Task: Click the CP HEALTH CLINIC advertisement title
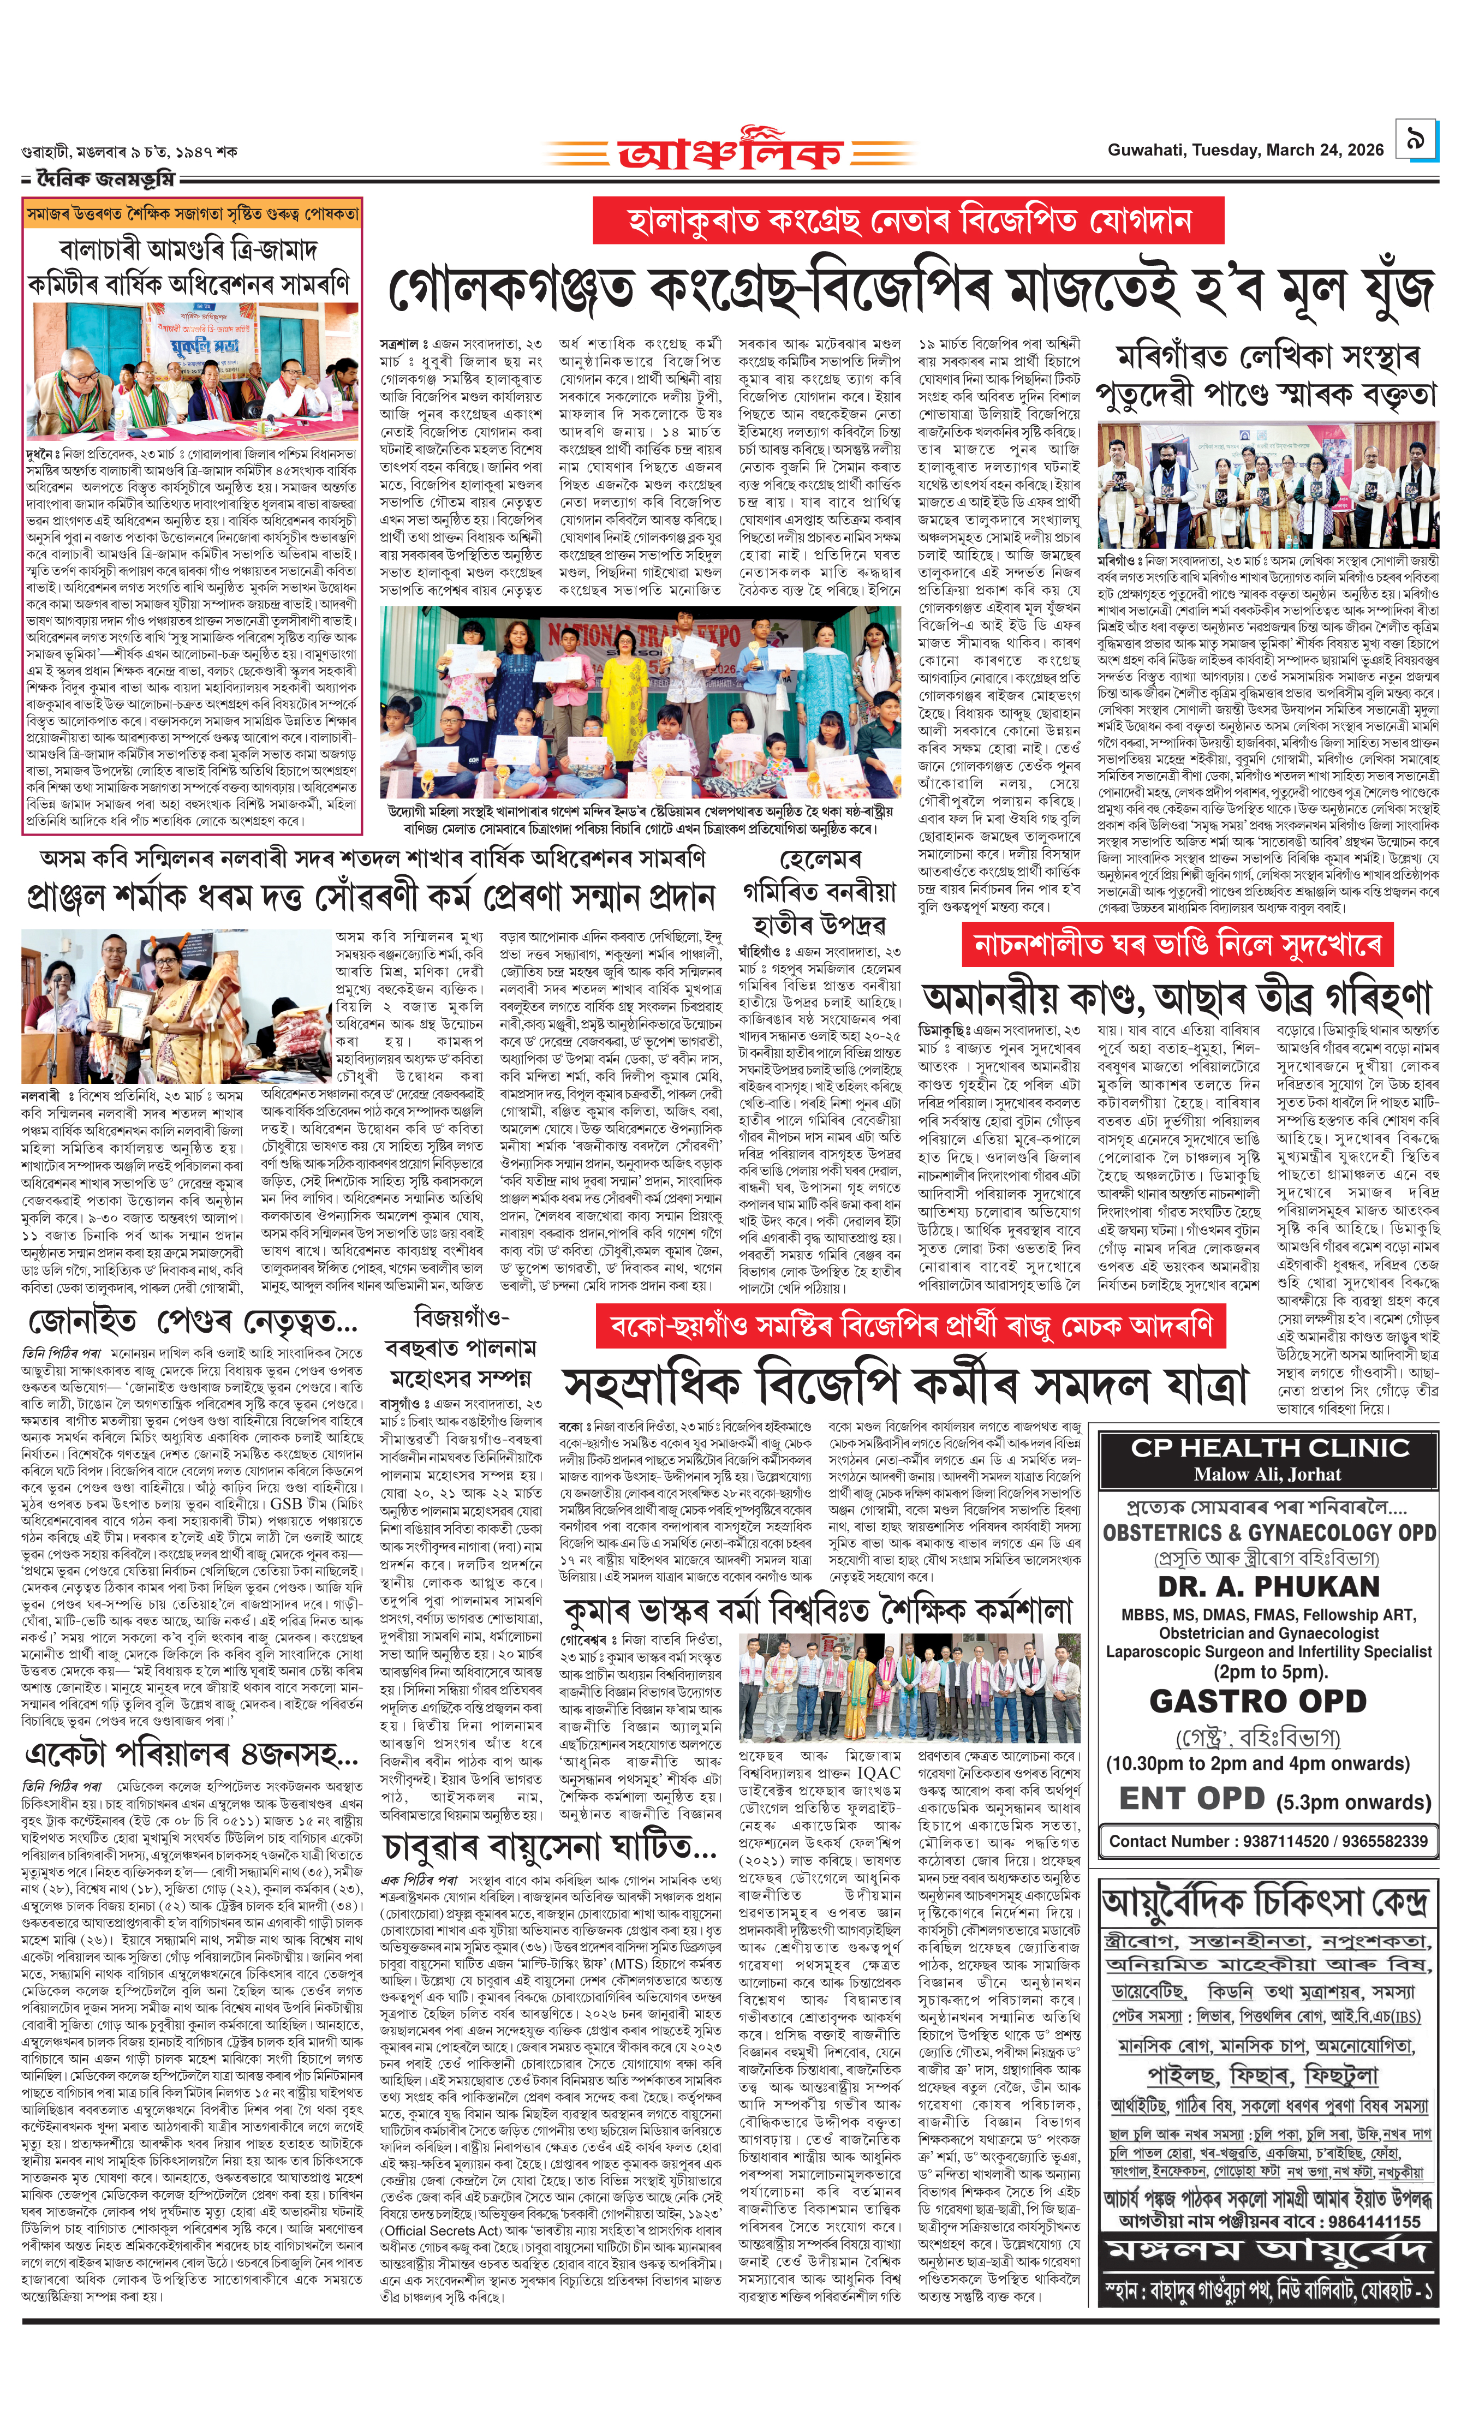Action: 1269,1448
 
